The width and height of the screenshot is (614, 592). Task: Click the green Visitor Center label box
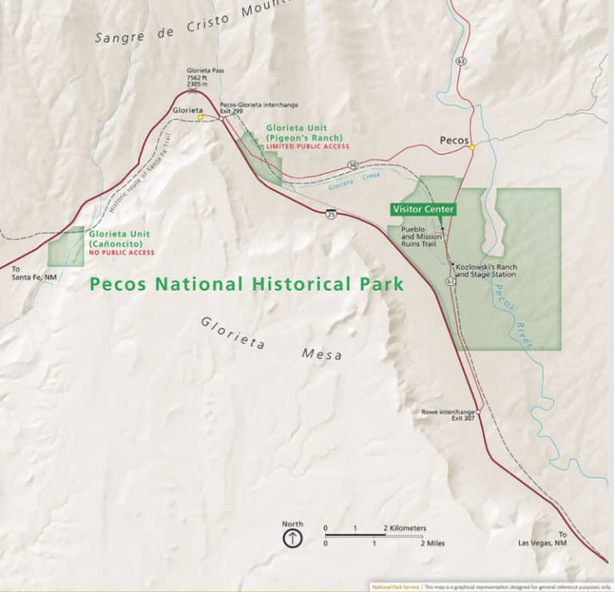pyautogui.click(x=424, y=209)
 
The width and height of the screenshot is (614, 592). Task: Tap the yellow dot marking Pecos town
pyautogui.click(x=472, y=147)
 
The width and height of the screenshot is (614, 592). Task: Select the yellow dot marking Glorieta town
pyautogui.click(x=200, y=117)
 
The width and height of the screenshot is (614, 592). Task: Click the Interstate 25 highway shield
pyautogui.click(x=330, y=213)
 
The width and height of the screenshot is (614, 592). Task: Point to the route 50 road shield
pyautogui.click(x=353, y=166)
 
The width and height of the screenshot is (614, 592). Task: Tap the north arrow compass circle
pyautogui.click(x=293, y=538)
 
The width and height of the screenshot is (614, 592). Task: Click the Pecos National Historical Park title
pyautogui.click(x=246, y=284)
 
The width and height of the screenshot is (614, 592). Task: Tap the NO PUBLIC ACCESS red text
pyautogui.click(x=122, y=252)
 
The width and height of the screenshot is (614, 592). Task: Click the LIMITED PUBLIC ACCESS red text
pyautogui.click(x=309, y=147)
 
